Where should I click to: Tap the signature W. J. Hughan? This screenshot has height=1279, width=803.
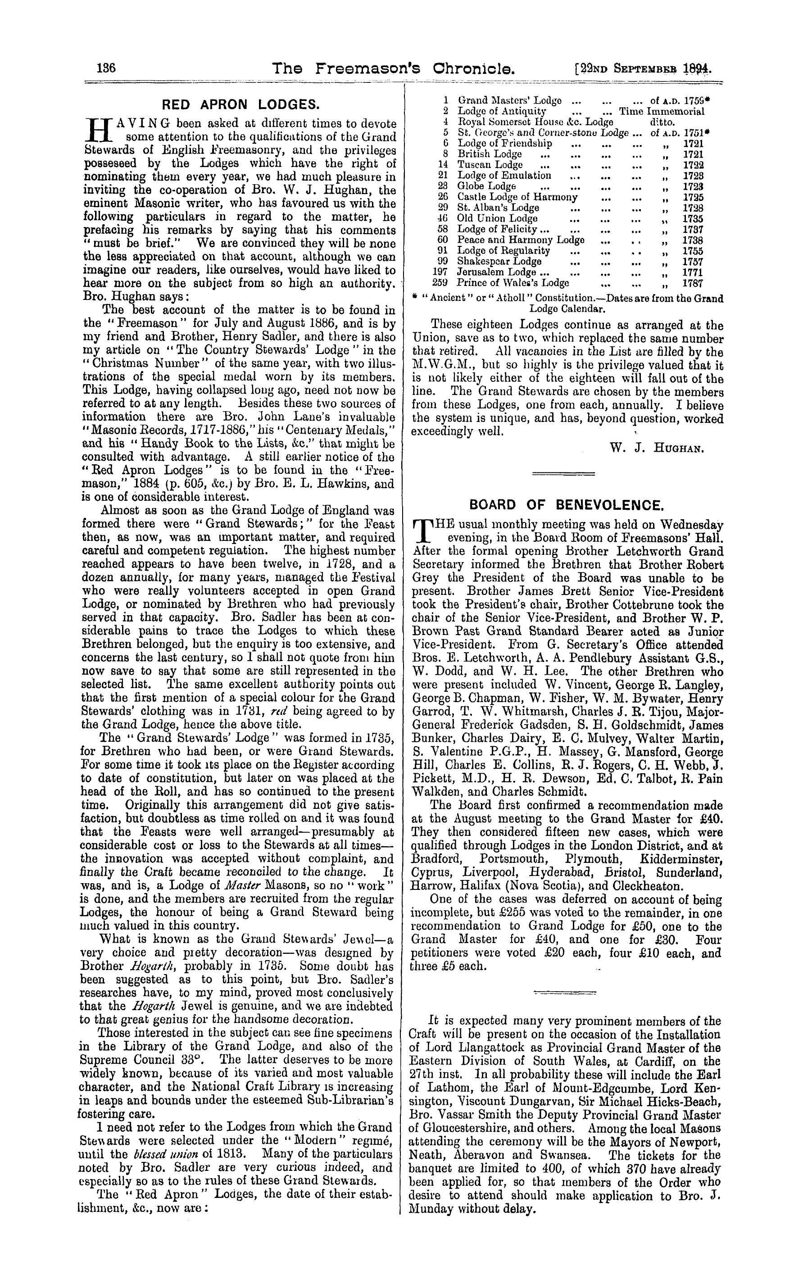657,449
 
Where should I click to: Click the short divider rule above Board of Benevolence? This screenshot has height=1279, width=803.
563,473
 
